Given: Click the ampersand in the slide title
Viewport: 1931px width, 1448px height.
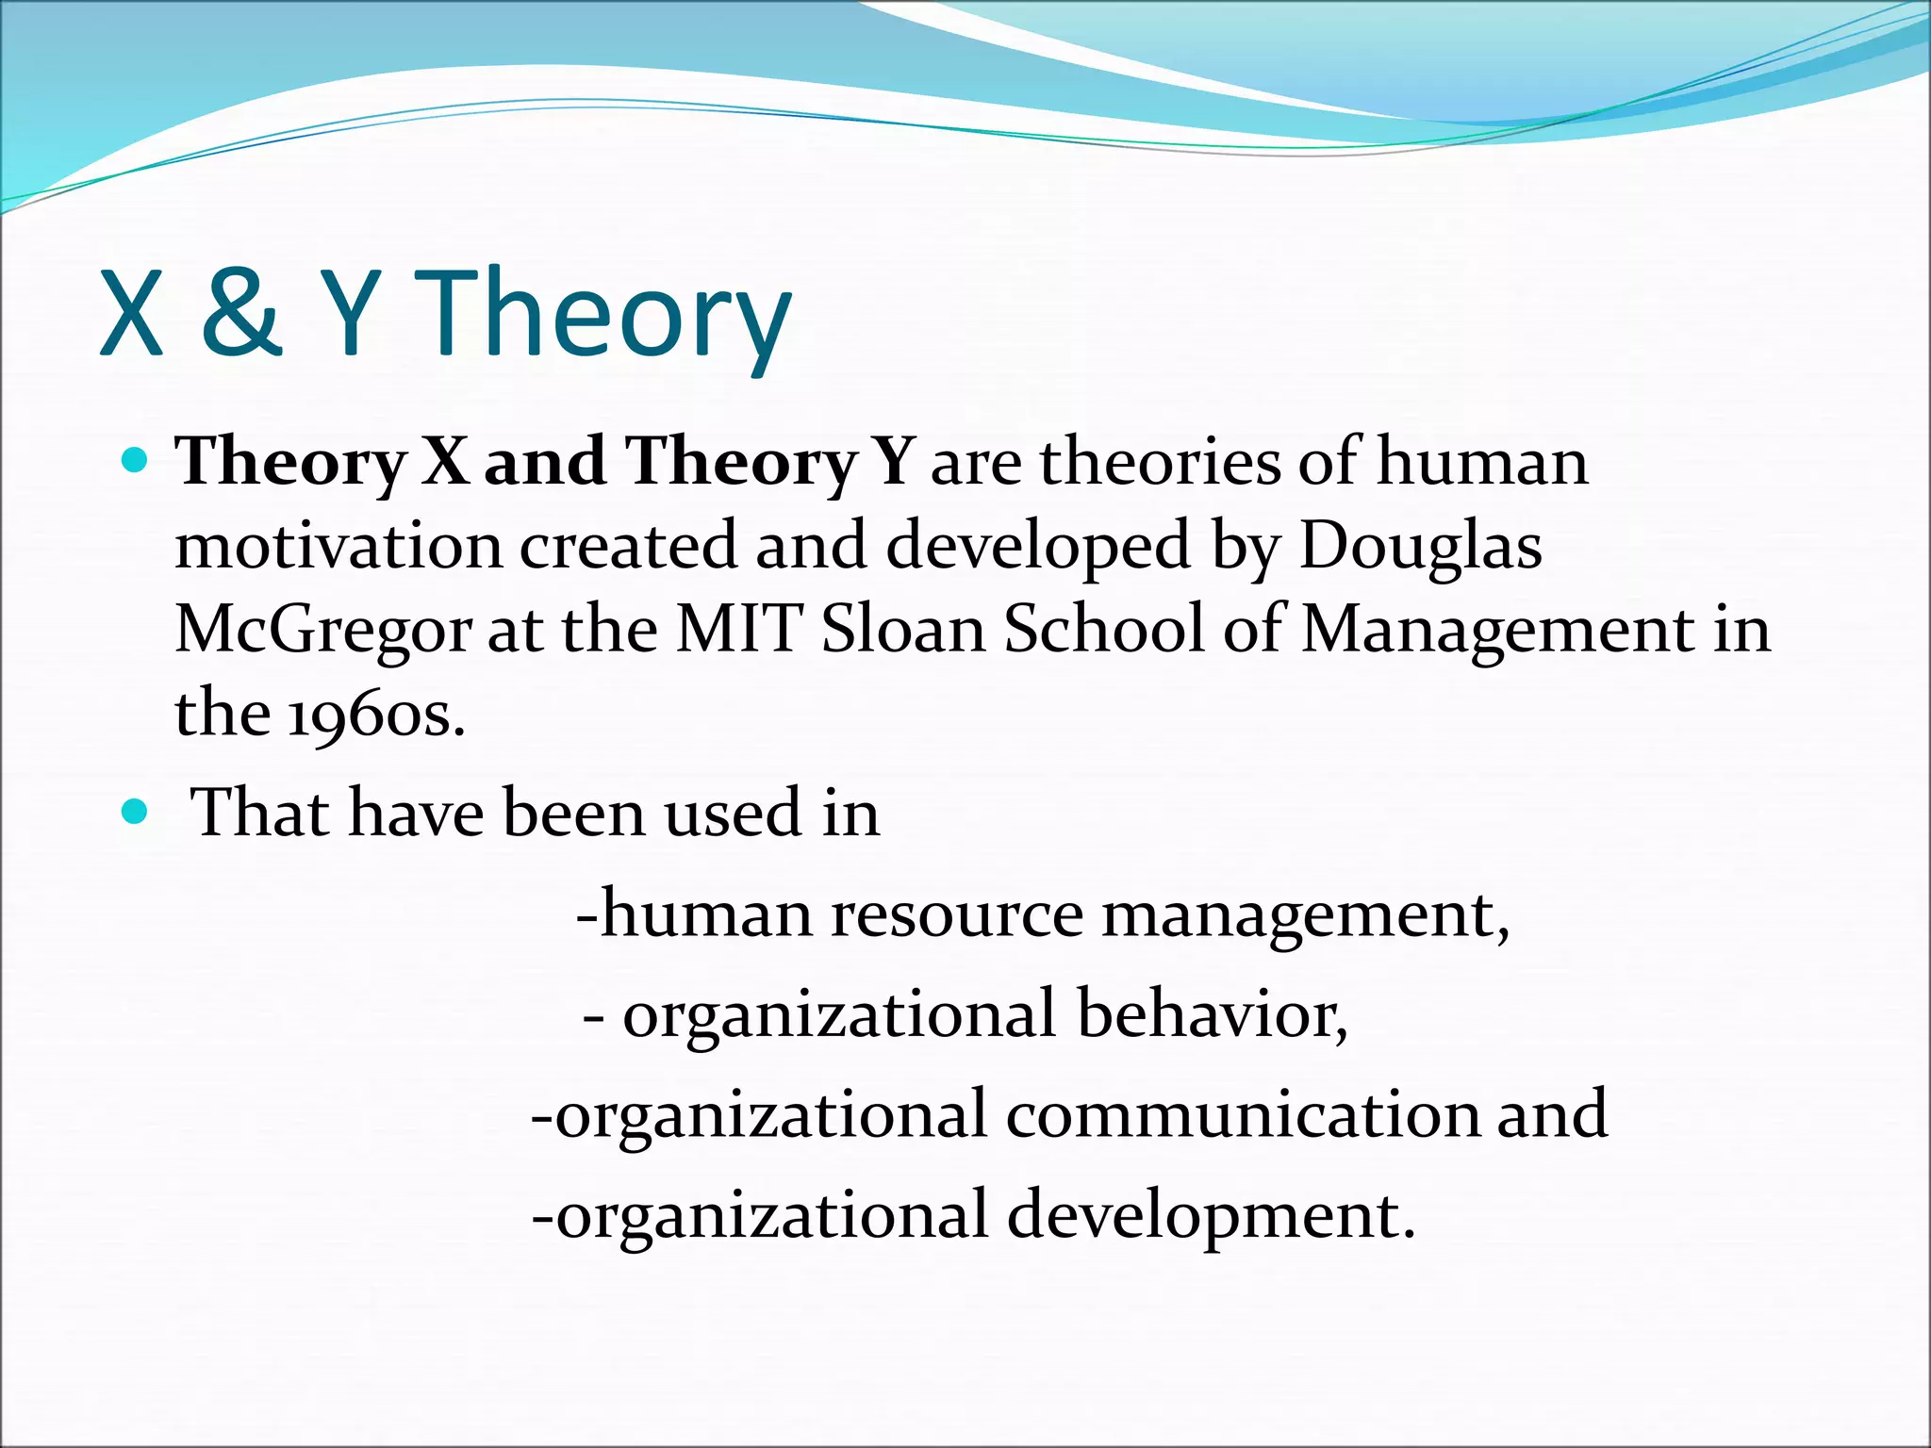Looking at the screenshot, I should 241,313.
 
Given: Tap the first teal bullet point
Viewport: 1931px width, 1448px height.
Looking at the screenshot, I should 136,460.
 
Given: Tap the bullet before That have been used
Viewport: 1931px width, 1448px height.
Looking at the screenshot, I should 136,811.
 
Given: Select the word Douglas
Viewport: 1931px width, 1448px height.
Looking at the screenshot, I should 1421,546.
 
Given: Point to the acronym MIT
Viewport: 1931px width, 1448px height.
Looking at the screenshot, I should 740,629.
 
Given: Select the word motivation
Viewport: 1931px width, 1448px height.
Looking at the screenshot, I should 338,546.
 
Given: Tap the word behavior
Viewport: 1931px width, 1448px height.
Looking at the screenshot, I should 1213,1014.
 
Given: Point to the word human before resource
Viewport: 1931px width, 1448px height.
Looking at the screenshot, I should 706,914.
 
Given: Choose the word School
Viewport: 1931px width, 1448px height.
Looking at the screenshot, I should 1104,629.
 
